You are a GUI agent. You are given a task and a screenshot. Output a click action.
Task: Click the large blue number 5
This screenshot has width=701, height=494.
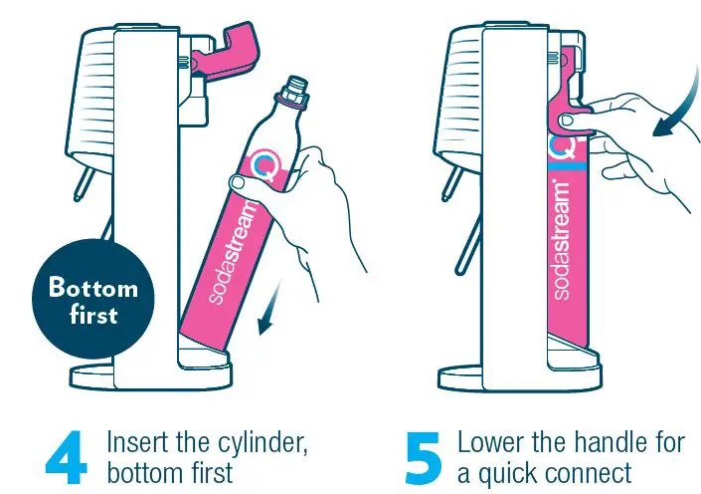coord(425,457)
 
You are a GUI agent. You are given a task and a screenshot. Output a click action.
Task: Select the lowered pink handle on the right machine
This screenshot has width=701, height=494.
coord(570,100)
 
